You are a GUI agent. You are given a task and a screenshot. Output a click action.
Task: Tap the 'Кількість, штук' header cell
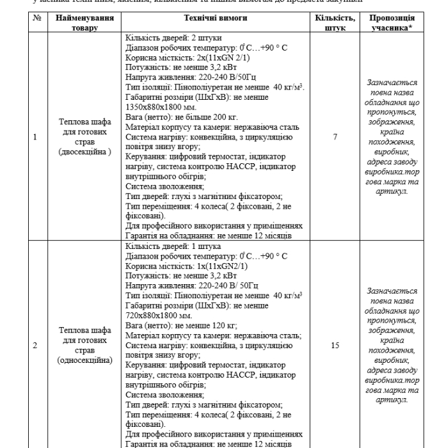tap(335, 23)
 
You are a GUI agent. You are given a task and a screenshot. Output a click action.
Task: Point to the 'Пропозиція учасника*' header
tap(392, 23)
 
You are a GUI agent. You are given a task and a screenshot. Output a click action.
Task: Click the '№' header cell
tap(36, 19)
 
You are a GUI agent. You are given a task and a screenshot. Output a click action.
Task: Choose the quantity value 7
tap(335, 137)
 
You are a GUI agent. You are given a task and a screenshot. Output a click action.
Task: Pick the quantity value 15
tap(335, 345)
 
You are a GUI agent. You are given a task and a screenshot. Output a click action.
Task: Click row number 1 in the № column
tap(36, 137)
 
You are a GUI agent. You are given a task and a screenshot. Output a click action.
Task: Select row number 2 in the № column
tap(36, 345)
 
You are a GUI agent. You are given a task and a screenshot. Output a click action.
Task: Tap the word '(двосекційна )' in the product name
tap(84, 152)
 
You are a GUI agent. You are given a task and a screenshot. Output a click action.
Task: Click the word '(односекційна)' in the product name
tap(84, 360)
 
